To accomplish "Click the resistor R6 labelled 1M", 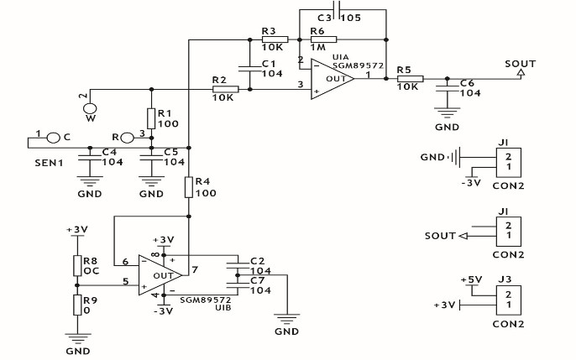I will [x=323, y=39].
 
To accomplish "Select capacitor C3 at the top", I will [x=336, y=9].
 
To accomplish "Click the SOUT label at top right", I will [x=520, y=64].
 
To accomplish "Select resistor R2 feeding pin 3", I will [x=226, y=88].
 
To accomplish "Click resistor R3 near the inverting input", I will [x=275, y=39].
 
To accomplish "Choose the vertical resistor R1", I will [x=151, y=117].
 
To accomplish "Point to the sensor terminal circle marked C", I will [x=54, y=137].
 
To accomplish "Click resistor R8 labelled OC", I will [x=77, y=265].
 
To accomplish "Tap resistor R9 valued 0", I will [x=77, y=304].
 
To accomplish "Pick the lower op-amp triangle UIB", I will [x=163, y=274].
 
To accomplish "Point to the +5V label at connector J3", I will [x=474, y=279].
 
